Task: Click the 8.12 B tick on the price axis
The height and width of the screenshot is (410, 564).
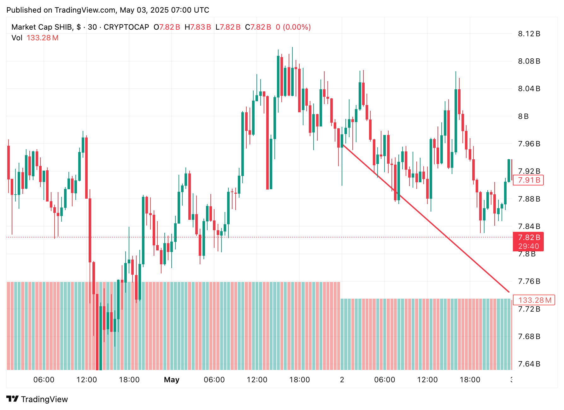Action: [529, 34]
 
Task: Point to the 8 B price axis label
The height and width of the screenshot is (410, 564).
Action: [523, 116]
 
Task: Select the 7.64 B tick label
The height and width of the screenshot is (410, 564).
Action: [529, 364]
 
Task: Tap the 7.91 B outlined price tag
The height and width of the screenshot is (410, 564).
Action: [528, 180]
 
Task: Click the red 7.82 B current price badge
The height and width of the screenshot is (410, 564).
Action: [528, 237]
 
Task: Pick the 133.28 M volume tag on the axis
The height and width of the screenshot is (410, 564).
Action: [534, 300]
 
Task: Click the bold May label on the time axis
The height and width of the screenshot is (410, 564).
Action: [172, 380]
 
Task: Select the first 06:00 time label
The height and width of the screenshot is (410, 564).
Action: [44, 380]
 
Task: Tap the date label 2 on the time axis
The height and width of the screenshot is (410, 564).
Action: [342, 380]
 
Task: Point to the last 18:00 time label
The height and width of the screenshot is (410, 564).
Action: [470, 380]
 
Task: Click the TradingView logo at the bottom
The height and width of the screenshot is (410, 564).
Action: [37, 399]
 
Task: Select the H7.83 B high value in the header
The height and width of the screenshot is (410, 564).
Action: [198, 27]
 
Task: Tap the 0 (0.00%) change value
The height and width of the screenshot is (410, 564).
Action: [293, 27]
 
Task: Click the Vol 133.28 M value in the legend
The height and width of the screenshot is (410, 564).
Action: [42, 38]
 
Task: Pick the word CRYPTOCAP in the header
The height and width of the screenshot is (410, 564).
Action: [126, 27]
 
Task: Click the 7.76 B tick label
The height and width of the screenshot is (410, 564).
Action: [529, 281]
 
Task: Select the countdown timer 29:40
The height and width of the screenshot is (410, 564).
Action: [528, 246]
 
